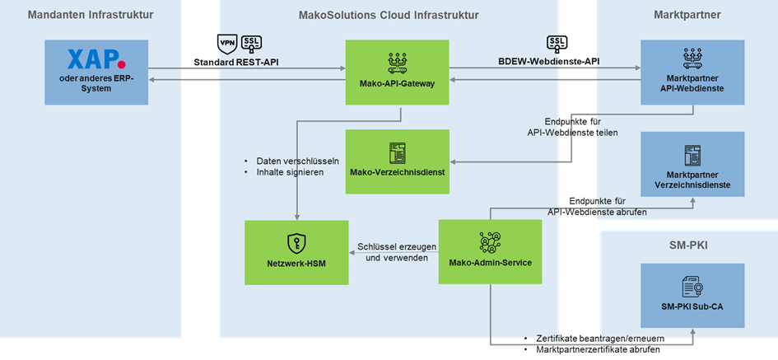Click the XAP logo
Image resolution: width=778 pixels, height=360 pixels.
(96, 58)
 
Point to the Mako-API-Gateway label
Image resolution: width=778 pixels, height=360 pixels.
(397, 83)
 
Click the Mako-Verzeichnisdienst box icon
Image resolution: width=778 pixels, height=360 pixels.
(397, 153)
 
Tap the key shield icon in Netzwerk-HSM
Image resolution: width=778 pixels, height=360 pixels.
(296, 243)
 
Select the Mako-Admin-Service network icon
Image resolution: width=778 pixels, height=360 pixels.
(490, 242)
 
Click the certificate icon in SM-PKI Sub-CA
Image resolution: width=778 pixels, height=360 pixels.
(692, 287)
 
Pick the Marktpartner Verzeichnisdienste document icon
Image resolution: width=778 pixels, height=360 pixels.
(692, 155)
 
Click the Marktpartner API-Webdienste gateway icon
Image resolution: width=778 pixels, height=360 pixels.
(692, 59)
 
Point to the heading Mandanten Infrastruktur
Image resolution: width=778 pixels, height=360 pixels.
(91, 15)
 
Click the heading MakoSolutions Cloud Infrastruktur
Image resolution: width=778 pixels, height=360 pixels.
(389, 15)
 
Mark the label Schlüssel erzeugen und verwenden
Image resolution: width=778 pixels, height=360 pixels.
(397, 252)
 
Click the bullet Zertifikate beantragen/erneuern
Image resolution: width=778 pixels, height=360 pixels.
(600, 338)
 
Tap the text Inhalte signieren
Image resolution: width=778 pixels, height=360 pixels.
(290, 173)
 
